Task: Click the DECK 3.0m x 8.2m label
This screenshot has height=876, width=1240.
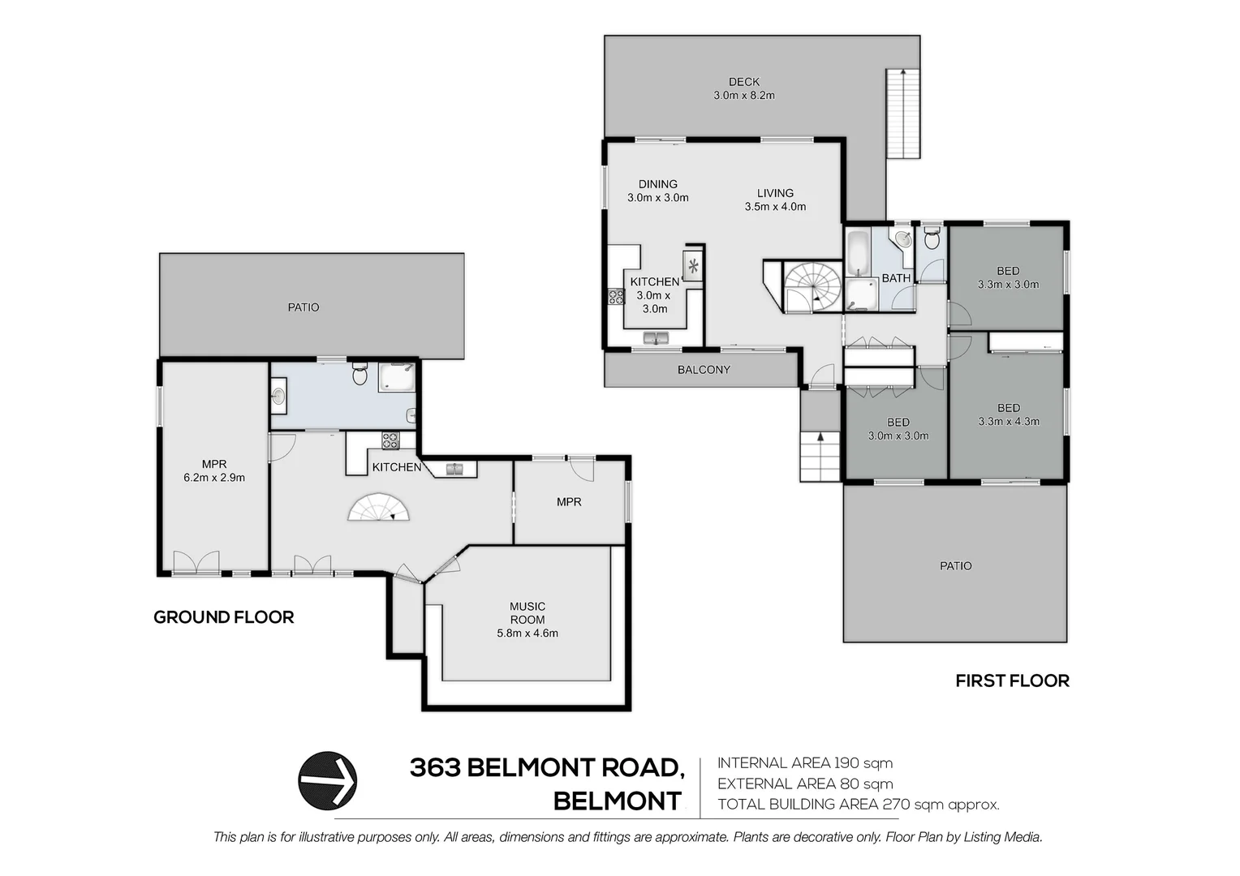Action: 743,88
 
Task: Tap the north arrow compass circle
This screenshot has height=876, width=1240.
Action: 327,780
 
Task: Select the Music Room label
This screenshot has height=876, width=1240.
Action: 527,620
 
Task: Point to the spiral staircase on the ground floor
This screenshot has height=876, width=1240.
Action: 379,508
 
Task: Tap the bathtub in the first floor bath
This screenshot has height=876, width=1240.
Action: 858,253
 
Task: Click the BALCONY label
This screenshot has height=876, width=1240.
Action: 704,370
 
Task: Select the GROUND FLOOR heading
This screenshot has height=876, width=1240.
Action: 224,617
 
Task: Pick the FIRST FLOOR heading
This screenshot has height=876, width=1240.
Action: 1013,681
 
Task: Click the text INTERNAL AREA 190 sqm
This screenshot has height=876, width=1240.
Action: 805,763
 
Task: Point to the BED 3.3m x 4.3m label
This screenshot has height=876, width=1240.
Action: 1009,414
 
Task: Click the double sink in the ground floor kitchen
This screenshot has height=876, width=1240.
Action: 454,469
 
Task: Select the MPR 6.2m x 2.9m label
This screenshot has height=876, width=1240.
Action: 214,471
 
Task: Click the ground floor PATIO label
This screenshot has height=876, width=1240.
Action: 304,307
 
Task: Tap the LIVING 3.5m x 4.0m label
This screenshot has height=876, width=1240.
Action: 775,200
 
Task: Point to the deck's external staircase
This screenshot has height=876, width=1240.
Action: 903,114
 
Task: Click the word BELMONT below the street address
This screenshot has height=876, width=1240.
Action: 618,801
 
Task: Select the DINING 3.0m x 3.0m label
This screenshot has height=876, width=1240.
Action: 657,191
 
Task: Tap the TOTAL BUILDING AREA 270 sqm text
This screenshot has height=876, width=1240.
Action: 858,804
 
